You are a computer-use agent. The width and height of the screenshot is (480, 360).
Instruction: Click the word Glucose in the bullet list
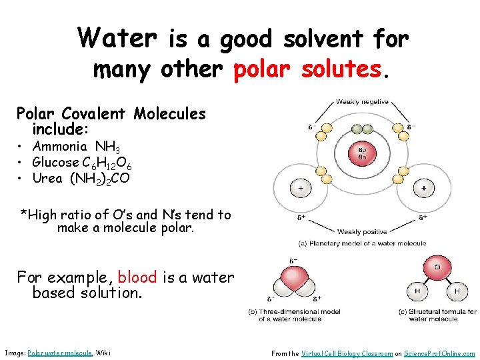[55, 163]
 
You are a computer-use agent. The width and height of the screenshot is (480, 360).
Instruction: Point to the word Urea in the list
[47, 178]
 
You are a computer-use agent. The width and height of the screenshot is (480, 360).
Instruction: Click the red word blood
[137, 277]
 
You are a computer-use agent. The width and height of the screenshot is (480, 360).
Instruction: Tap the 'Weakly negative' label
[363, 101]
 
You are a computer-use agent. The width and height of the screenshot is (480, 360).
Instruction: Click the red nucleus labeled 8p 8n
[363, 153]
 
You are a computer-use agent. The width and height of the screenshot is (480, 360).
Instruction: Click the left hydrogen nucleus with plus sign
[301, 189]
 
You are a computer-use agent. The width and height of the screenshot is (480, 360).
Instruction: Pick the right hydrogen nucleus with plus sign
[423, 189]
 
